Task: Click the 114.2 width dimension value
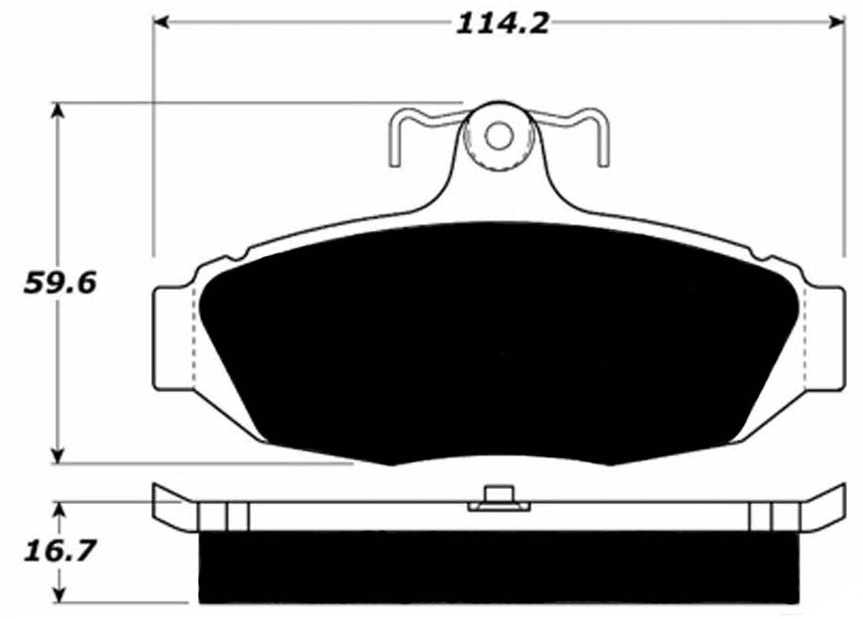point(501,22)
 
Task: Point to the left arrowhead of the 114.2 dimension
point(161,22)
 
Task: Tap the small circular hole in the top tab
point(500,136)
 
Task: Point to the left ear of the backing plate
point(172,337)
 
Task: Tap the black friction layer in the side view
point(500,567)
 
